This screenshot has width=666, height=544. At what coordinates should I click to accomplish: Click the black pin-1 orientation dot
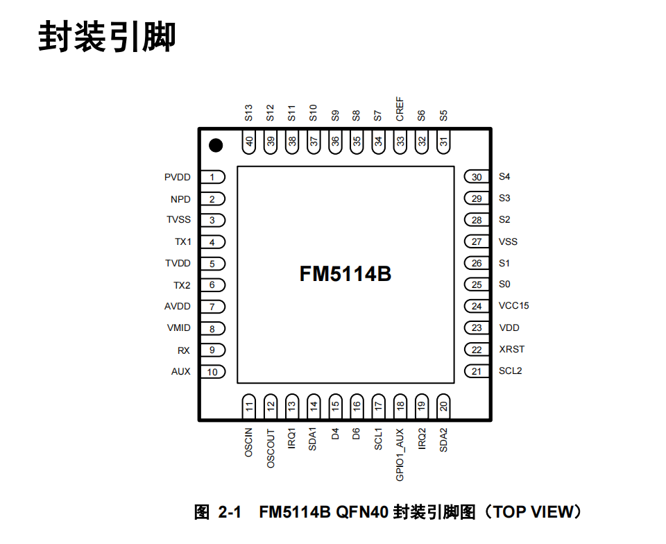216,145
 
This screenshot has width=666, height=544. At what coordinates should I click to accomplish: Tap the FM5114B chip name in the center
345,274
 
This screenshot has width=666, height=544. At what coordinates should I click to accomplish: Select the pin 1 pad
212,177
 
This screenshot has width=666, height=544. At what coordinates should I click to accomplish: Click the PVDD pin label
177,177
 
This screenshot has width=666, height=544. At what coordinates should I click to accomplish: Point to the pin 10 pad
212,372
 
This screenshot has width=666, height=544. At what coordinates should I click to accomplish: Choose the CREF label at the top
400,109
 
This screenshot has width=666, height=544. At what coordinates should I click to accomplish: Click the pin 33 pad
400,142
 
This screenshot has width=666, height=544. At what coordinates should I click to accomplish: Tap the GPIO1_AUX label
400,454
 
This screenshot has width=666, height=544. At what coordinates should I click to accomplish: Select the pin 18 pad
400,406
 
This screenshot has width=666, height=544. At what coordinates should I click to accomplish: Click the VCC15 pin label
513,306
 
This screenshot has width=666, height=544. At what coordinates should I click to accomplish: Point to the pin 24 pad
477,306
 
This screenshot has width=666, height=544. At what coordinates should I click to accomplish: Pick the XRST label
511,349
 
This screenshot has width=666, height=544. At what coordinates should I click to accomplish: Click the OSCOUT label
271,448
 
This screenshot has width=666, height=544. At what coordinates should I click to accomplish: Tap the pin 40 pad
249,142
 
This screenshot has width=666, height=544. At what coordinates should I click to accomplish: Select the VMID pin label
179,328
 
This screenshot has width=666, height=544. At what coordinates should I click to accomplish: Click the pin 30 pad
477,177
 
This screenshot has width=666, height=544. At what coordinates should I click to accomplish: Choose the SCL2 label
510,371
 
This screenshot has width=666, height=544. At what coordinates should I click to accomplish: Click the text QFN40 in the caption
362,512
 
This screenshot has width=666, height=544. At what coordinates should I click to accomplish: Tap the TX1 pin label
183,241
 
